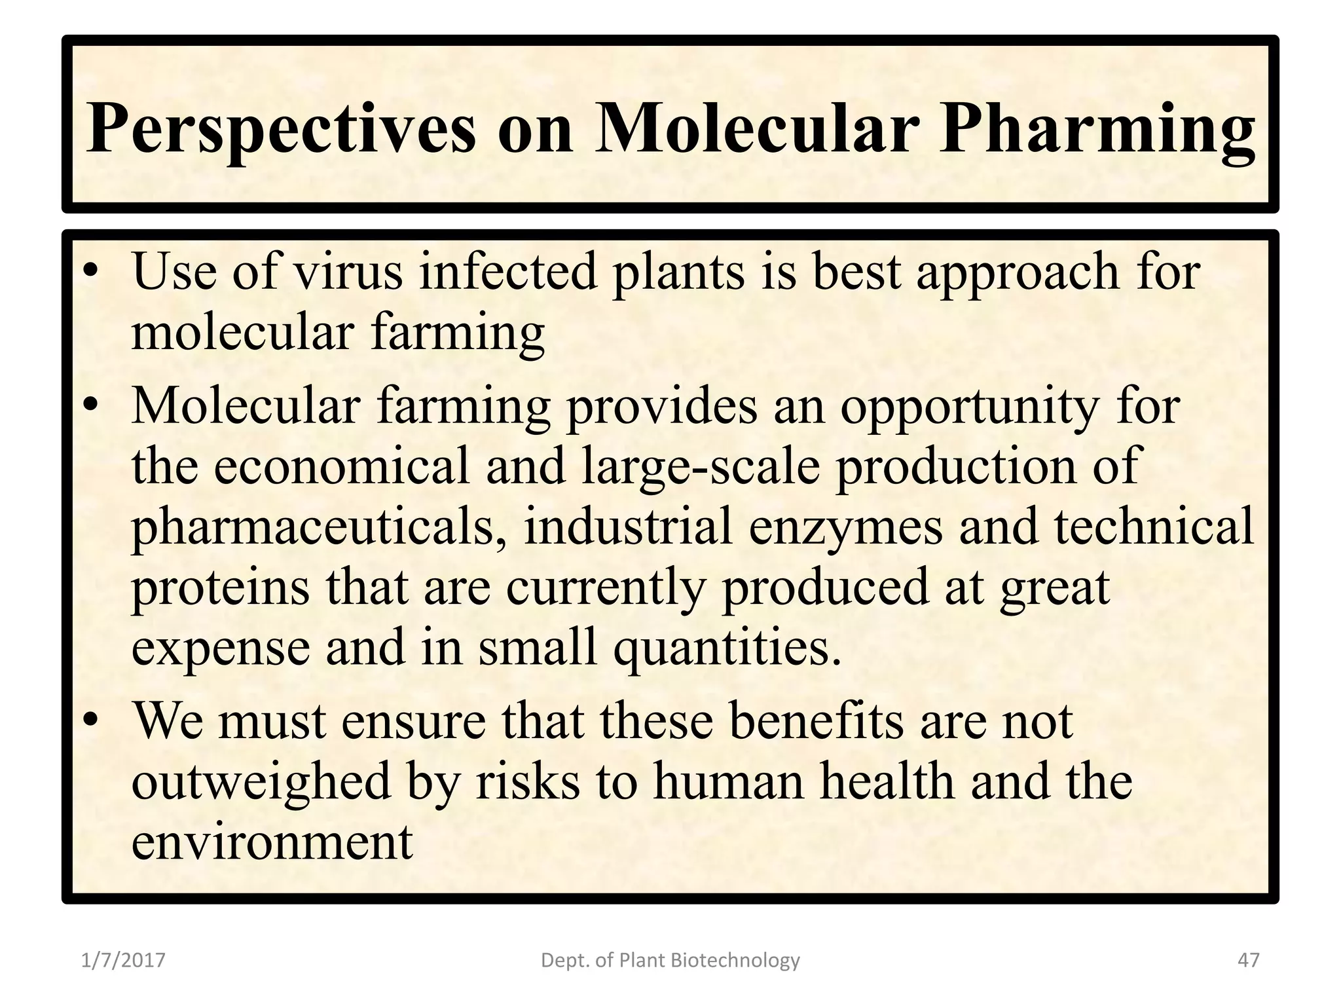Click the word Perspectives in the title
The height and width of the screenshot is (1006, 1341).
tap(280, 128)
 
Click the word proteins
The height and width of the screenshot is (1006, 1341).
tap(221, 587)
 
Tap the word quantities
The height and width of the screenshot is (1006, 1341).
tap(726, 648)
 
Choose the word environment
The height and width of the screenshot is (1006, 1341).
tap(272, 842)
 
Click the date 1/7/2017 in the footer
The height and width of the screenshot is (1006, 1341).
tap(123, 961)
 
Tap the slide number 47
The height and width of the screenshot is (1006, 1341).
tap(1249, 961)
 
